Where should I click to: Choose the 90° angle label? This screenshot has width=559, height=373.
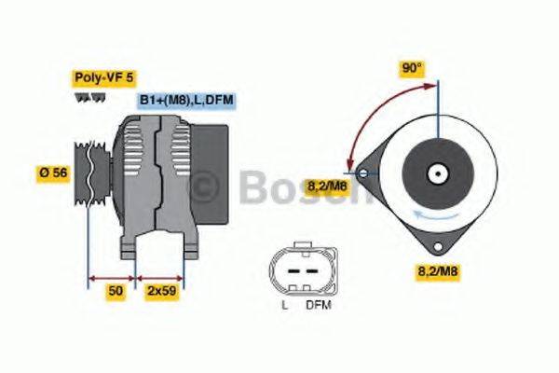(412, 68)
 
